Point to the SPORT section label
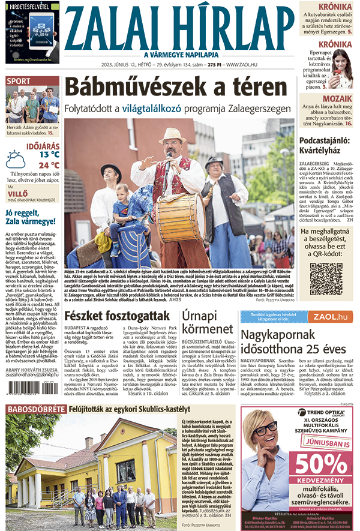[x=19, y=81]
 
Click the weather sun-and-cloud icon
[x=16, y=160]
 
